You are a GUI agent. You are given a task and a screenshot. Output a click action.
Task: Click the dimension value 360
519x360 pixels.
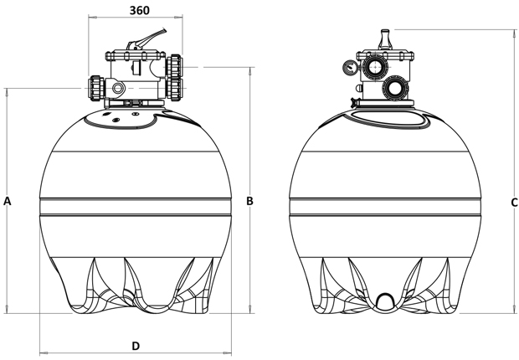coord(141,10)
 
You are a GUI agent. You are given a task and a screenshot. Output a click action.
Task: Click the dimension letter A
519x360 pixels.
coord(8,201)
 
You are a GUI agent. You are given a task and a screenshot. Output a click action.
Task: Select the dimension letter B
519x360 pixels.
coord(249,201)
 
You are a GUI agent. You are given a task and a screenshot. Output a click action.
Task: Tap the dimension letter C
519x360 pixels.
coord(514,203)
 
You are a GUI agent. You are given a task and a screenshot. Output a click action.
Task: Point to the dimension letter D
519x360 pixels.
coord(136,345)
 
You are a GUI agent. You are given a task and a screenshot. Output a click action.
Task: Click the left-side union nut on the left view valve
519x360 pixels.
coord(94,86)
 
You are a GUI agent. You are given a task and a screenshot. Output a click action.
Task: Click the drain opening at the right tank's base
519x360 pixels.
coord(385,301)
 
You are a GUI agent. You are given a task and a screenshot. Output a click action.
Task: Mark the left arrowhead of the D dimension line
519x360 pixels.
coord(42,352)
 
